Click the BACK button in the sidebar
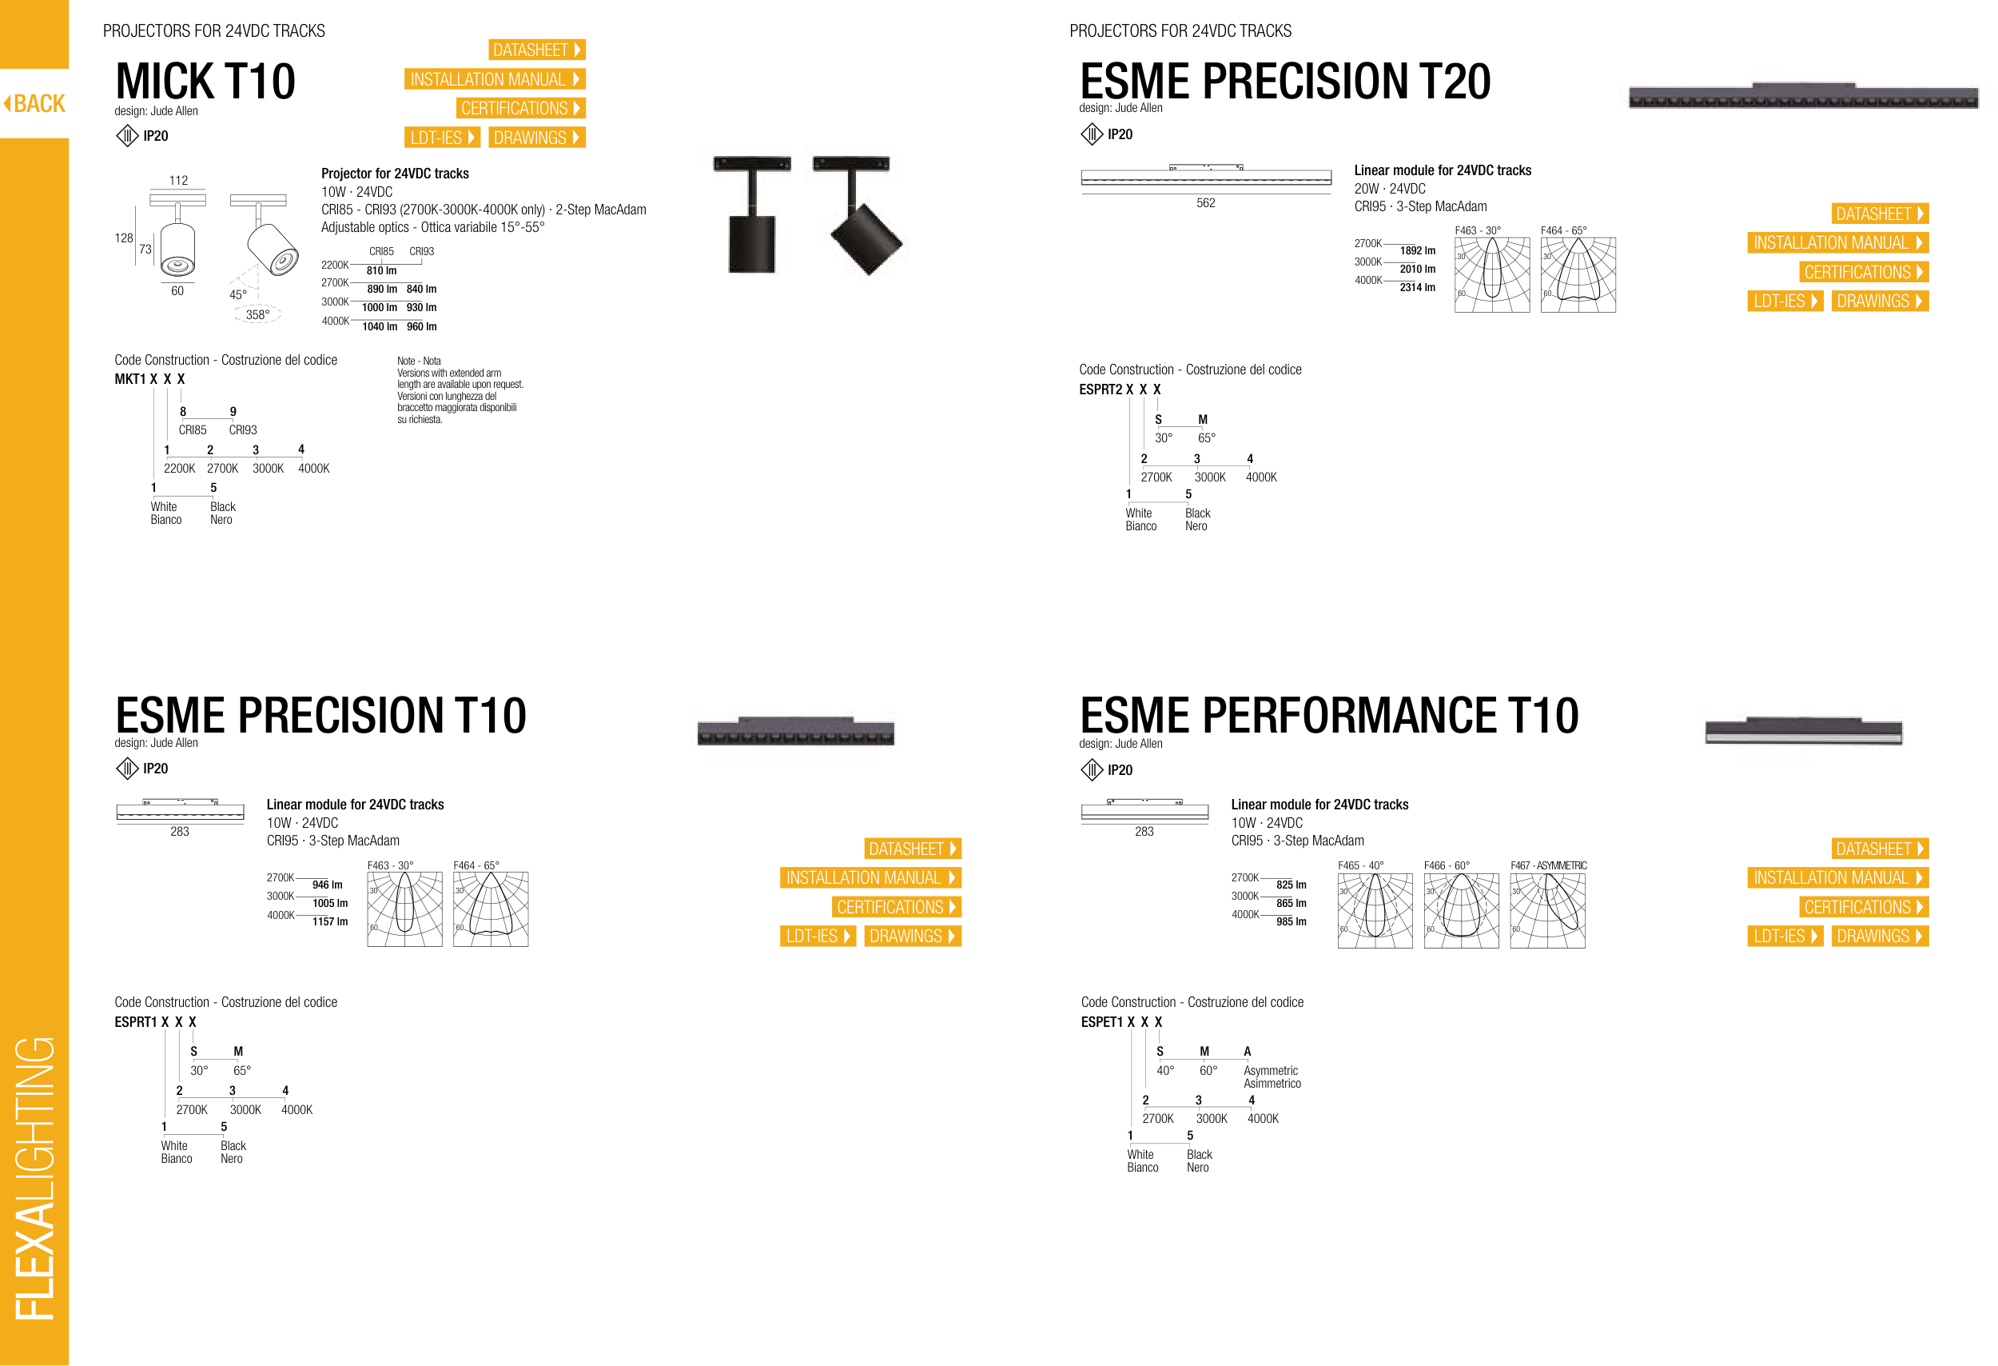coord(34,103)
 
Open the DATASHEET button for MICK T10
coord(536,50)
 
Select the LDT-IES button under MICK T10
coord(442,138)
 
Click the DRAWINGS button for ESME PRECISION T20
coord(1880,301)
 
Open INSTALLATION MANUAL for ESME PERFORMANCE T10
coord(1838,877)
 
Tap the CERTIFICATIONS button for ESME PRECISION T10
coord(897,907)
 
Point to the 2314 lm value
coord(1417,287)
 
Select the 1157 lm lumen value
coord(330,921)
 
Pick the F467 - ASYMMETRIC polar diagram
coord(1547,911)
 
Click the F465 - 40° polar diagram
coord(1375,911)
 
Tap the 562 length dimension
coord(1205,203)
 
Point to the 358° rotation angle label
coord(257,315)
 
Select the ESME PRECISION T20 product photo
coord(1803,96)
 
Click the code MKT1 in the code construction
coord(129,379)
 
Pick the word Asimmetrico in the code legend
coord(1272,1084)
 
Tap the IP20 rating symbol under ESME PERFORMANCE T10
coord(1091,770)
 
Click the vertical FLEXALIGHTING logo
coord(34,1179)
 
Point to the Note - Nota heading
coord(419,361)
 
